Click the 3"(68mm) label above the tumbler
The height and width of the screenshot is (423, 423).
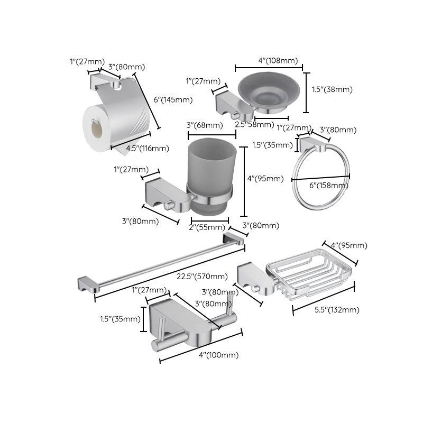click(x=205, y=125)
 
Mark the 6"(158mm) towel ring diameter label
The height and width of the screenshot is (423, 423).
click(x=328, y=185)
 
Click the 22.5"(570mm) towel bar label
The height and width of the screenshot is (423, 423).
click(x=203, y=277)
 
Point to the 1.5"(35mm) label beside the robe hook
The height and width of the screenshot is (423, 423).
click(x=121, y=319)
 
